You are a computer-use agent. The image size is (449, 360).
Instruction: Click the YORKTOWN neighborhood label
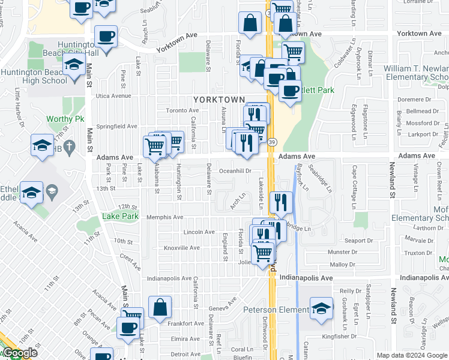click(218, 100)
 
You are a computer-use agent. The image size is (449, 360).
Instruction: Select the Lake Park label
click(120, 216)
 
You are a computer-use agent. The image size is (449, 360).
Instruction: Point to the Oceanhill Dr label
click(234, 171)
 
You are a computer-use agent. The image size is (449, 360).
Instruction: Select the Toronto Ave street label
click(182, 110)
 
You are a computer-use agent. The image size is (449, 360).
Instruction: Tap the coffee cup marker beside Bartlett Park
click(290, 91)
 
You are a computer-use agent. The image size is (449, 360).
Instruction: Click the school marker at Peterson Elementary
click(322, 308)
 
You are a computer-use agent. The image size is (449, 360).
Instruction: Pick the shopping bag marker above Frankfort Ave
click(160, 308)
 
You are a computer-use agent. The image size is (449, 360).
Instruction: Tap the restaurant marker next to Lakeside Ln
click(280, 203)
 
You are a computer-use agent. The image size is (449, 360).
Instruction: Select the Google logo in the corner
click(20, 353)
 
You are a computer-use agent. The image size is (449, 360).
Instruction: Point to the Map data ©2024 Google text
click(412, 355)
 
